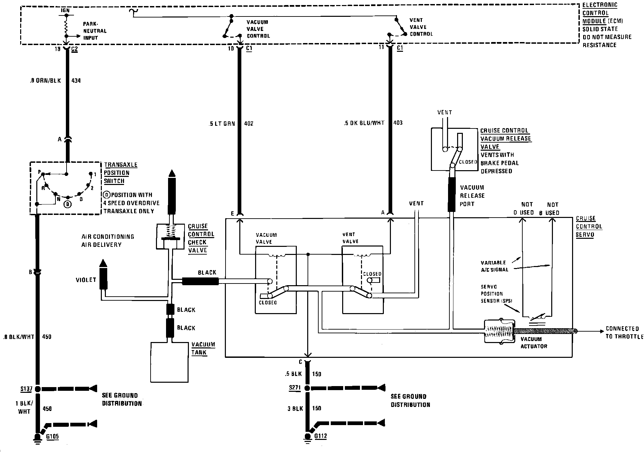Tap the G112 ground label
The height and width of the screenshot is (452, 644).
tap(320, 436)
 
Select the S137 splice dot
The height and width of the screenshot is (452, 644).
tap(38, 389)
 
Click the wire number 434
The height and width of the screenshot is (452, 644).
tap(76, 81)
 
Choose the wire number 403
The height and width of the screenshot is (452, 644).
tap(398, 123)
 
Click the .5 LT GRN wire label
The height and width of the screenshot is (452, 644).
tap(222, 123)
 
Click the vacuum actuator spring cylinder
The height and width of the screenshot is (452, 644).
tap(499, 331)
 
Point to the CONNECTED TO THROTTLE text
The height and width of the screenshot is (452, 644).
tap(624, 332)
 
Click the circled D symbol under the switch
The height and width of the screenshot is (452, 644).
tap(68, 204)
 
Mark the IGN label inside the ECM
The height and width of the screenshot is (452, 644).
tap(65, 10)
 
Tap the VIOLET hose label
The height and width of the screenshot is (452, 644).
tap(86, 280)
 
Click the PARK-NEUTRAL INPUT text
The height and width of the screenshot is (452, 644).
tap(95, 31)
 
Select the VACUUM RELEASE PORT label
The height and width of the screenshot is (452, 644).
tap(472, 196)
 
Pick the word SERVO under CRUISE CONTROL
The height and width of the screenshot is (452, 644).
tap(585, 235)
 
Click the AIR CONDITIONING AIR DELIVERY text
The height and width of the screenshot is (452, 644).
tap(108, 240)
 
